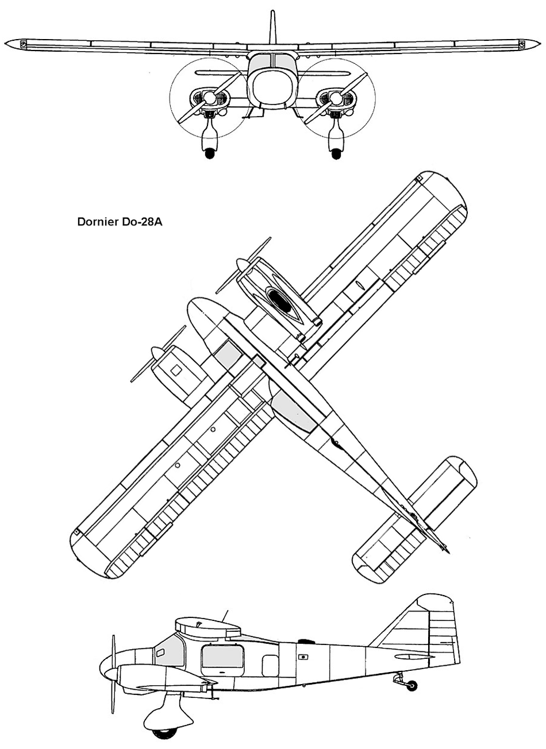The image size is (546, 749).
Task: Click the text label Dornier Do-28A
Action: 120,222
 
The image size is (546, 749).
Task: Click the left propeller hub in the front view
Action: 210,97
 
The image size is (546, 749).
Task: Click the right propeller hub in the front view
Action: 336,97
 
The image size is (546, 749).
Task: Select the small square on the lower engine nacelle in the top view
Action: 176,370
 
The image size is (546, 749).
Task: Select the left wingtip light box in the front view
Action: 23,44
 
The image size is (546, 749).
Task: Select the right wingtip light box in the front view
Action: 522,44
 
